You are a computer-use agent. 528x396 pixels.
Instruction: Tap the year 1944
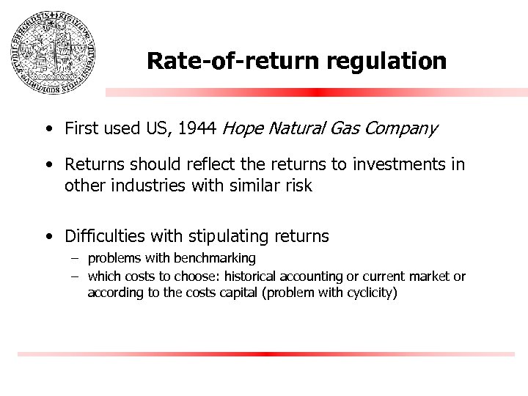click(x=197, y=129)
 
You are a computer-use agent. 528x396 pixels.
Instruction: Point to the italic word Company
click(x=403, y=130)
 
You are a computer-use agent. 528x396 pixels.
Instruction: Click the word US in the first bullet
click(x=157, y=129)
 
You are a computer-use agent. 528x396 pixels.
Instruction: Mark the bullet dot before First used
click(x=47, y=131)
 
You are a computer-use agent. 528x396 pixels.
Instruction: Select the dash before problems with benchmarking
click(x=75, y=258)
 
